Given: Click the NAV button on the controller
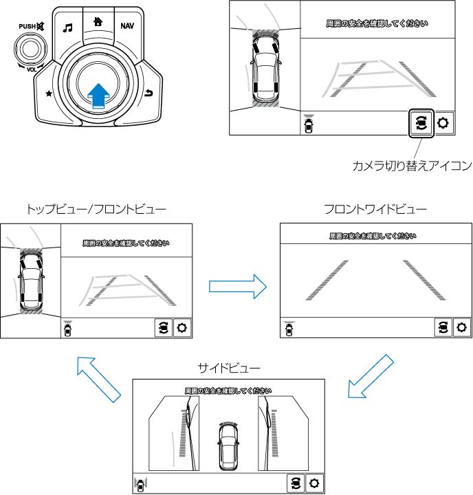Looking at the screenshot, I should (126, 26).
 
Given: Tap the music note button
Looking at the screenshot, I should (67, 28).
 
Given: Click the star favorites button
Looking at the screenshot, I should (48, 93).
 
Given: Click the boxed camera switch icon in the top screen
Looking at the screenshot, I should (421, 124).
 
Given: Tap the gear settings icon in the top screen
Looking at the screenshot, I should (443, 124).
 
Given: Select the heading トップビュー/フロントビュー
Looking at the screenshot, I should (96, 208).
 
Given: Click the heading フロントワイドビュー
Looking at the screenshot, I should (375, 208).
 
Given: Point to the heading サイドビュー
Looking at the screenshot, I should (228, 368).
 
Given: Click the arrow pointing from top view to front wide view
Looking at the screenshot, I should (237, 285).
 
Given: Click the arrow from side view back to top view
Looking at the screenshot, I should (97, 379).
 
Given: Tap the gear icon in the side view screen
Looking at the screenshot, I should (314, 483).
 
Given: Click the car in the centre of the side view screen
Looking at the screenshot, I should (228, 445).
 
